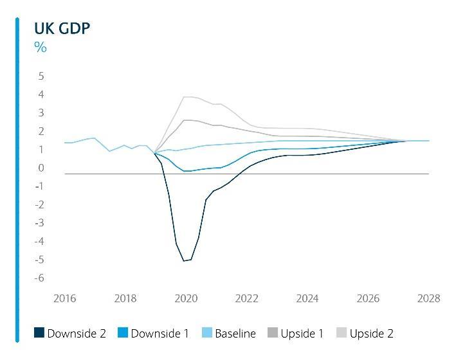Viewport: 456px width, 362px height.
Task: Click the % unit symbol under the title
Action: click(40, 47)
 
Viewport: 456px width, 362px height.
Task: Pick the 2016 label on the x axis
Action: click(65, 298)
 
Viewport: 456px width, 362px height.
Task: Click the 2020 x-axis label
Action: click(187, 298)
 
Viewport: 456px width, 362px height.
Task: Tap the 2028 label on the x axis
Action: click(429, 298)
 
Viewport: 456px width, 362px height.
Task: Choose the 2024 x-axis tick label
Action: click(307, 298)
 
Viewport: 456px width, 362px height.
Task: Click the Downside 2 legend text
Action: click(76, 334)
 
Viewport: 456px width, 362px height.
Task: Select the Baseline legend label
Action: click(235, 334)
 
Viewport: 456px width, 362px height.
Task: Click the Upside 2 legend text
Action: click(371, 334)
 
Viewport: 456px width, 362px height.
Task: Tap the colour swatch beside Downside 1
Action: click(123, 333)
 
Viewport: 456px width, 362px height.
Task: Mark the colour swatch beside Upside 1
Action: click(273, 333)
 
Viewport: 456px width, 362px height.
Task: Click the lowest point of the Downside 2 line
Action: click(184, 260)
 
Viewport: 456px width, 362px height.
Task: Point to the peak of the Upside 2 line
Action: click(187, 97)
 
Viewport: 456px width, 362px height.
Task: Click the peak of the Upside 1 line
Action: click(187, 120)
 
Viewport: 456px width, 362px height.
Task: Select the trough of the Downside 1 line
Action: click(187, 171)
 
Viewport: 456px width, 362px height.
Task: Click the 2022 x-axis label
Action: click(247, 298)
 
